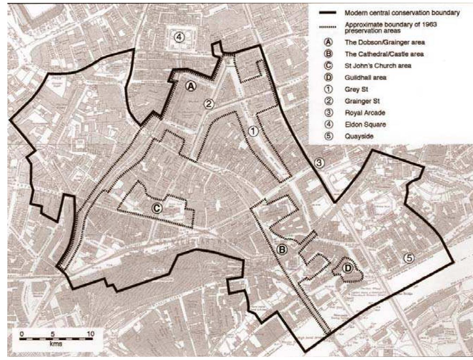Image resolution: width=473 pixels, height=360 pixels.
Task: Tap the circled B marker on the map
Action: coord(282,250)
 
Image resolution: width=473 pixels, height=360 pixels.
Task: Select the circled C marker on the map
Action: coord(157,208)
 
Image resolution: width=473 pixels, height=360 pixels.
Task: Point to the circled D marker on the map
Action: coord(347,269)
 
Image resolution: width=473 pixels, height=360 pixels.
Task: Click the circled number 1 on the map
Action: coord(253,131)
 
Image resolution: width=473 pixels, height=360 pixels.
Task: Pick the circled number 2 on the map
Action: coord(209,103)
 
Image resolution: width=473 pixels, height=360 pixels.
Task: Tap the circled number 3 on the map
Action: coord(319,163)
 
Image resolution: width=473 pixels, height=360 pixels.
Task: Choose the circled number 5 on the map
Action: coord(409,258)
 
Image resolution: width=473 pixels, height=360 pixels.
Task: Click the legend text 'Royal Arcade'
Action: coord(365,113)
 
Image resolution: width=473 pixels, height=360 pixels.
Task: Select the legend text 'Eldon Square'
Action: coord(365,124)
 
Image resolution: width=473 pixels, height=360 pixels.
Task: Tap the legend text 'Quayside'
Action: coord(359,136)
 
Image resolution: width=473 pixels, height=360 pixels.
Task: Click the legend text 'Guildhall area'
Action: coord(365,77)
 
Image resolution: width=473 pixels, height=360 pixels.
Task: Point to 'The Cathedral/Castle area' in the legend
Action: coord(384,54)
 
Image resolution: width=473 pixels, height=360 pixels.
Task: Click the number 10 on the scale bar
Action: coord(90,334)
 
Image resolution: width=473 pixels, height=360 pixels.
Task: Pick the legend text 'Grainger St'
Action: coord(362,101)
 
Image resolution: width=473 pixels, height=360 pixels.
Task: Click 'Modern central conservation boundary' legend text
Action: coord(402,13)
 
